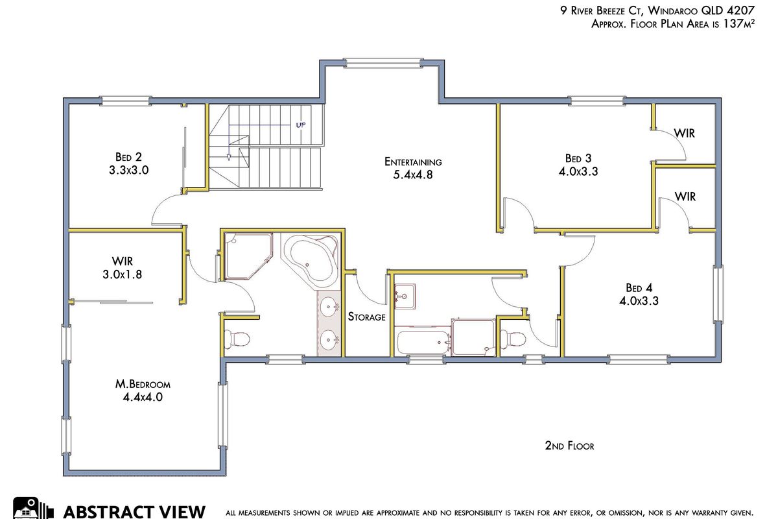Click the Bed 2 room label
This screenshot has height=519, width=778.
coord(128,157)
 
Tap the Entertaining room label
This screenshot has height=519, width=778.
coord(413,162)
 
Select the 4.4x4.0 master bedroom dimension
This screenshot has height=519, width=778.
coord(143,397)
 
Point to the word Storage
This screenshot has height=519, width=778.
coord(367,317)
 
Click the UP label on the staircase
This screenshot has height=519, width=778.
coord(301,125)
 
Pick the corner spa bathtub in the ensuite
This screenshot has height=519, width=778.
coord(310,261)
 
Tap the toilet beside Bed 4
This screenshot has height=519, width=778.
coord(513,339)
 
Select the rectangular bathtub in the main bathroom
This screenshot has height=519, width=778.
coord(423,341)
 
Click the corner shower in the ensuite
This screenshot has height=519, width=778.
coord(248,256)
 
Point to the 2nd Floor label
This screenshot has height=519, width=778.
coord(569,446)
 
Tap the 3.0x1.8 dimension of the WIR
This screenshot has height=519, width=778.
coord(123,274)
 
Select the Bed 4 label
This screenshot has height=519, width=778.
coord(639,288)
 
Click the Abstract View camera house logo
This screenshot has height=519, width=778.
coord(33,508)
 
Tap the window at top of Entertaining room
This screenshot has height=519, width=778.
coord(383,63)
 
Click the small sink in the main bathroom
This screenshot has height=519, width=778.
coord(405,296)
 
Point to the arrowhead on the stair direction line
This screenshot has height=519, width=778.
coord(228,158)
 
